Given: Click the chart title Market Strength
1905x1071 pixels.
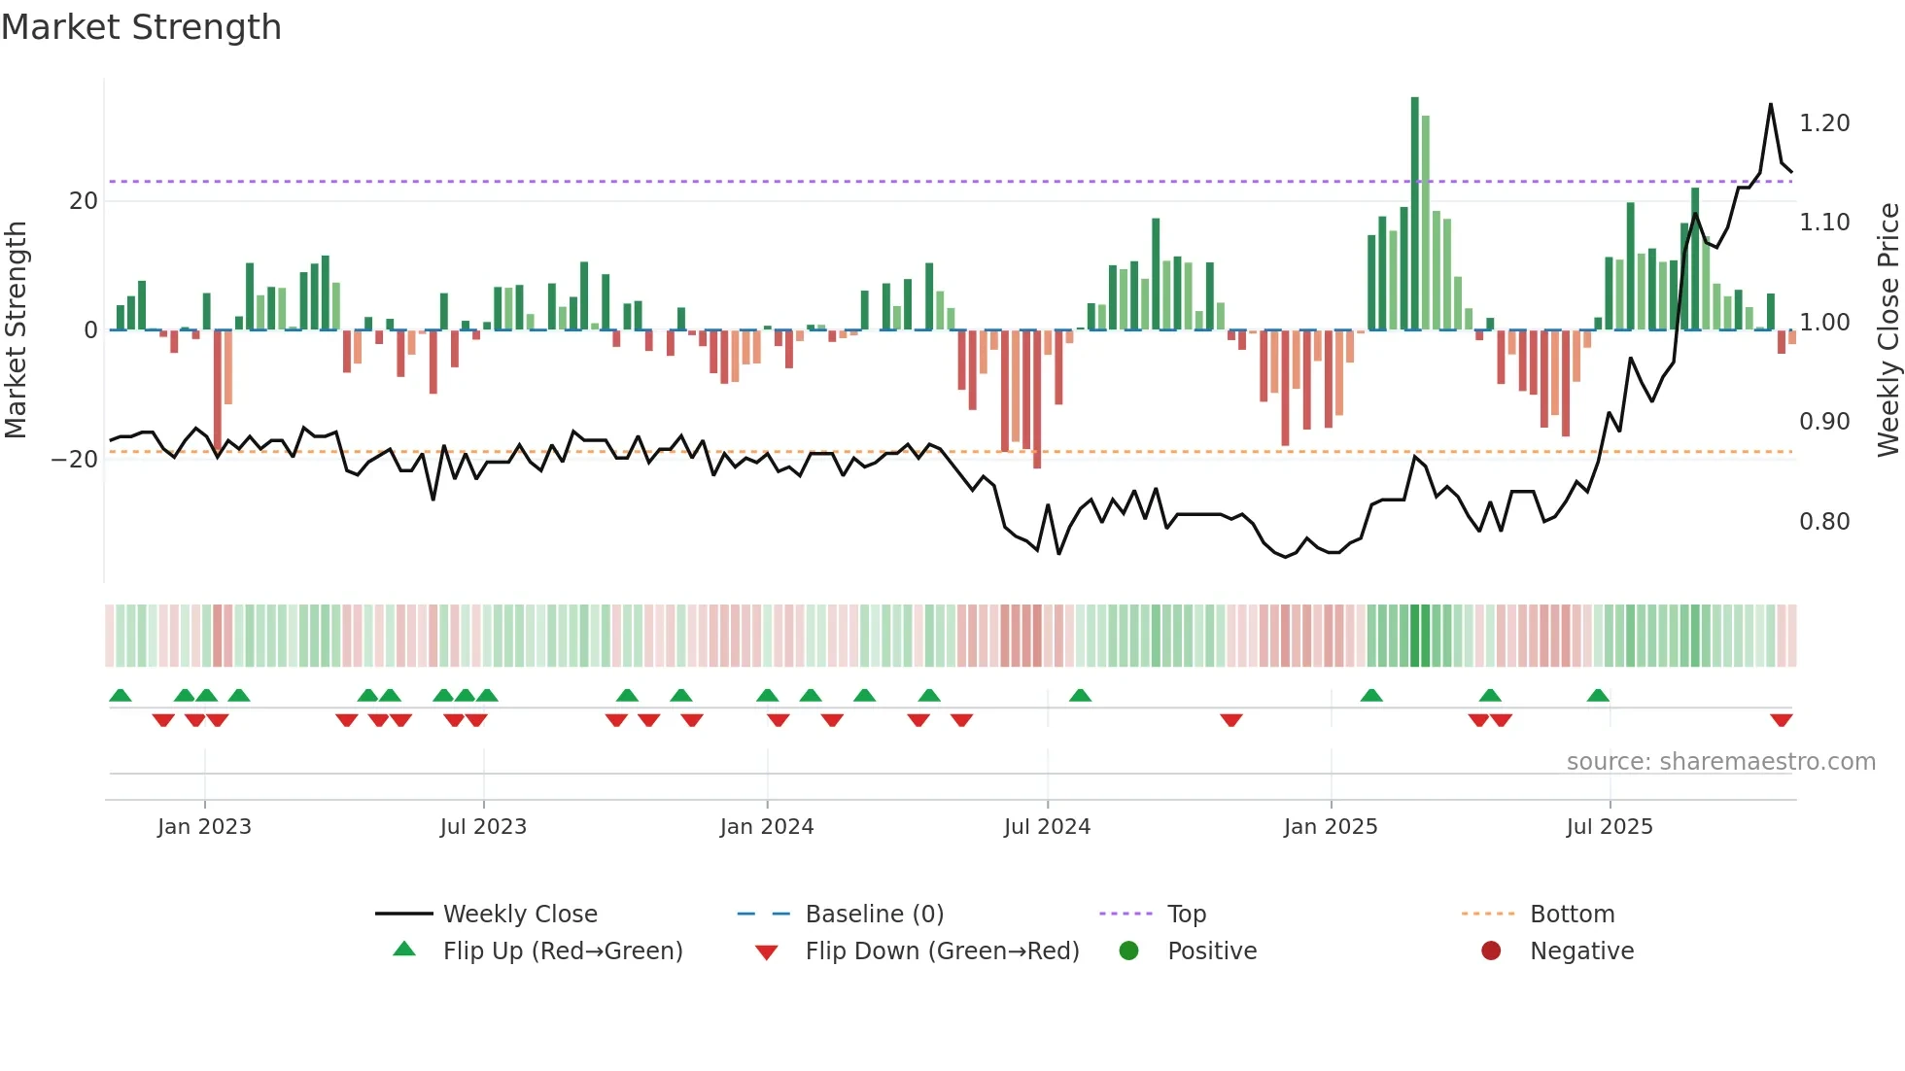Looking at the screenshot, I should tap(141, 27).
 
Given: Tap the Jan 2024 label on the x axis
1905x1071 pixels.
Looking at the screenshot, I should tap(766, 827).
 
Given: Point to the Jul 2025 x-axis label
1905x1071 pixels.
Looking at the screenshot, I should tap(1609, 827).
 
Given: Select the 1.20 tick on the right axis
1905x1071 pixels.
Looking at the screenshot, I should tap(1824, 123).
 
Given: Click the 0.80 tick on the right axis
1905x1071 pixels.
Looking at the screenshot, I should tap(1824, 522).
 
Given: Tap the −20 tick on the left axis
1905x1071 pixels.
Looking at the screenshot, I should tap(75, 460).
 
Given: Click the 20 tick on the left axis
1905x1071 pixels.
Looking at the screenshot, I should tap(84, 201).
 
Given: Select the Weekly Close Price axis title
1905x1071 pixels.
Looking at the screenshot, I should tap(1888, 329).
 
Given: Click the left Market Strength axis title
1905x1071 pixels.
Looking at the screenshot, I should tap(17, 329).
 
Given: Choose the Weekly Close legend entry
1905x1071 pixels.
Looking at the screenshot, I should tap(520, 915).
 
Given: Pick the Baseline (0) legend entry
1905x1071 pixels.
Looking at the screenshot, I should tap(874, 915).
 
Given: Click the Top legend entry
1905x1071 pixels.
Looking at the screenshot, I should tap(1186, 915).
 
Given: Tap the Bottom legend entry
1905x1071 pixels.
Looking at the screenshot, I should tap(1572, 915).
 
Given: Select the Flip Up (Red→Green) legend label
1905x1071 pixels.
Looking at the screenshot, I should tap(563, 951).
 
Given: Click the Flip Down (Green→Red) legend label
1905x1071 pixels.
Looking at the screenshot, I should tap(942, 951).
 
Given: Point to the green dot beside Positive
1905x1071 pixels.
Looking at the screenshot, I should tap(1128, 950).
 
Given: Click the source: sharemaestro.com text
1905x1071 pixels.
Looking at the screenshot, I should tap(1720, 762).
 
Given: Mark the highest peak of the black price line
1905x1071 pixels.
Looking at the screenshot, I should tap(1771, 105).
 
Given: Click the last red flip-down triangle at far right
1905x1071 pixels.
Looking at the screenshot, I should tap(1781, 720).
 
